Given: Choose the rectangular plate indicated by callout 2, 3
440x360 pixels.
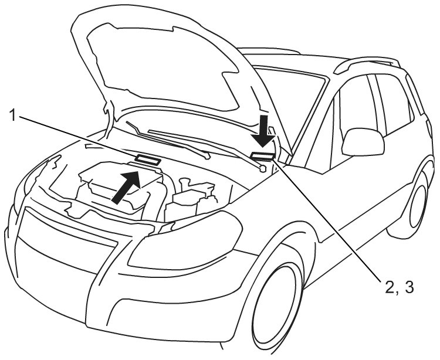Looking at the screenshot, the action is (x=262, y=155).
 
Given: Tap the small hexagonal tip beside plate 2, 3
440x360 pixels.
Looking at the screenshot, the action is (x=262, y=168).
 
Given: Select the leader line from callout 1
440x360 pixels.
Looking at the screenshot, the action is (x=76, y=137).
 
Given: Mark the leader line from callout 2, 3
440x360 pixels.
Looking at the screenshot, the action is (x=329, y=223).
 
